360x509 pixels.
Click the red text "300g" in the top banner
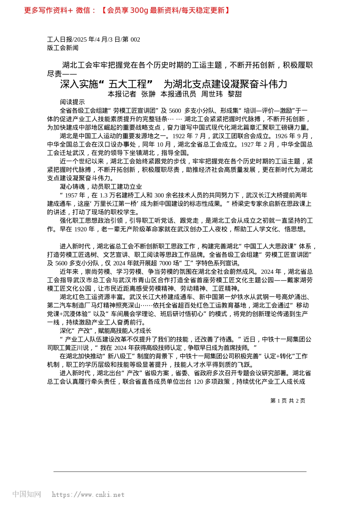(x=139, y=11)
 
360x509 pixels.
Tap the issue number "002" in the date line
(x=135, y=39)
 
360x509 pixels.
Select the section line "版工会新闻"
(x=63, y=48)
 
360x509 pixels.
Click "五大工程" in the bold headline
(x=127, y=84)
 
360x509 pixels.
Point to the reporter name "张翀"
(x=148, y=94)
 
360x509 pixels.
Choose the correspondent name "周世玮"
(x=212, y=94)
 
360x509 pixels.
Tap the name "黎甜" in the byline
(x=235, y=94)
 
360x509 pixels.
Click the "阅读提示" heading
(x=72, y=102)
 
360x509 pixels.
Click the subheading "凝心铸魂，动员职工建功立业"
(x=101, y=187)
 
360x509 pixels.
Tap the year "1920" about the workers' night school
(x=80, y=229)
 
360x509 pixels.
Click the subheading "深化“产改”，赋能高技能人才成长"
(x=105, y=331)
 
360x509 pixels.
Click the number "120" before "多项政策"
(x=199, y=381)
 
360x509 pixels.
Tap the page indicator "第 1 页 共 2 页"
(x=288, y=401)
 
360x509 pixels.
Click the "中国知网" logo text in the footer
(x=27, y=494)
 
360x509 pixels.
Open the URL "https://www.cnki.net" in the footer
(x=88, y=495)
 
